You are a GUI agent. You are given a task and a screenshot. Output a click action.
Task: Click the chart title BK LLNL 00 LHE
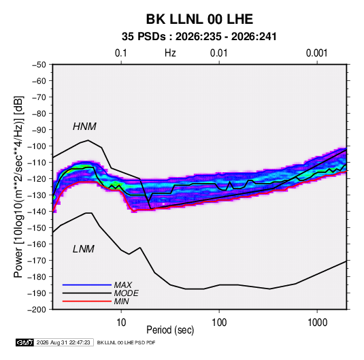199,19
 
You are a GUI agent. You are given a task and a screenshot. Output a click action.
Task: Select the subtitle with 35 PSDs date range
199,37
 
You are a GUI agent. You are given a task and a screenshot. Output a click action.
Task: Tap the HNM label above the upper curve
84,127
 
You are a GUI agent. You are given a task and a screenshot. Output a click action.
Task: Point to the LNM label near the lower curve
84,249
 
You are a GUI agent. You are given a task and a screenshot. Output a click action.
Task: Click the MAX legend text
122,284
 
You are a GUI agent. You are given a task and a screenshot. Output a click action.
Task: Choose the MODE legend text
127,293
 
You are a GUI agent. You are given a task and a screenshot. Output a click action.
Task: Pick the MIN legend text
121,301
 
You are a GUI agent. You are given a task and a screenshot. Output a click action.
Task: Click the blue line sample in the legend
87,284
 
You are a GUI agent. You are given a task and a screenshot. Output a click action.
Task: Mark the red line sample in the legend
87,301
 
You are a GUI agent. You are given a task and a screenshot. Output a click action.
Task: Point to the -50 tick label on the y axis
39,65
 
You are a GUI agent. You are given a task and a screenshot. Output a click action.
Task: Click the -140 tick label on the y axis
37,212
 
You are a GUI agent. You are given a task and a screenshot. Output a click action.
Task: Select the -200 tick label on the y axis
37,310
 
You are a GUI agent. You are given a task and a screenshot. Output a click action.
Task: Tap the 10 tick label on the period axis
121,323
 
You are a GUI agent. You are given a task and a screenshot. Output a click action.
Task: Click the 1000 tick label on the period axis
317,323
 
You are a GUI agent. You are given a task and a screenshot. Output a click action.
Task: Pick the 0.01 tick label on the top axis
218,53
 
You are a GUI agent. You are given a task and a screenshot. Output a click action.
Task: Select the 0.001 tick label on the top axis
316,53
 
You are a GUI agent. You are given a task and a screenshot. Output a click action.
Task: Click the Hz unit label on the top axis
170,53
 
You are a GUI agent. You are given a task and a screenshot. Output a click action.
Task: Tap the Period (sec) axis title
170,330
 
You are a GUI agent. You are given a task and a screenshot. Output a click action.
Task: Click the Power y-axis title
18,186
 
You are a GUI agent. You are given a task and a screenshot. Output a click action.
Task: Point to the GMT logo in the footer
24,342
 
